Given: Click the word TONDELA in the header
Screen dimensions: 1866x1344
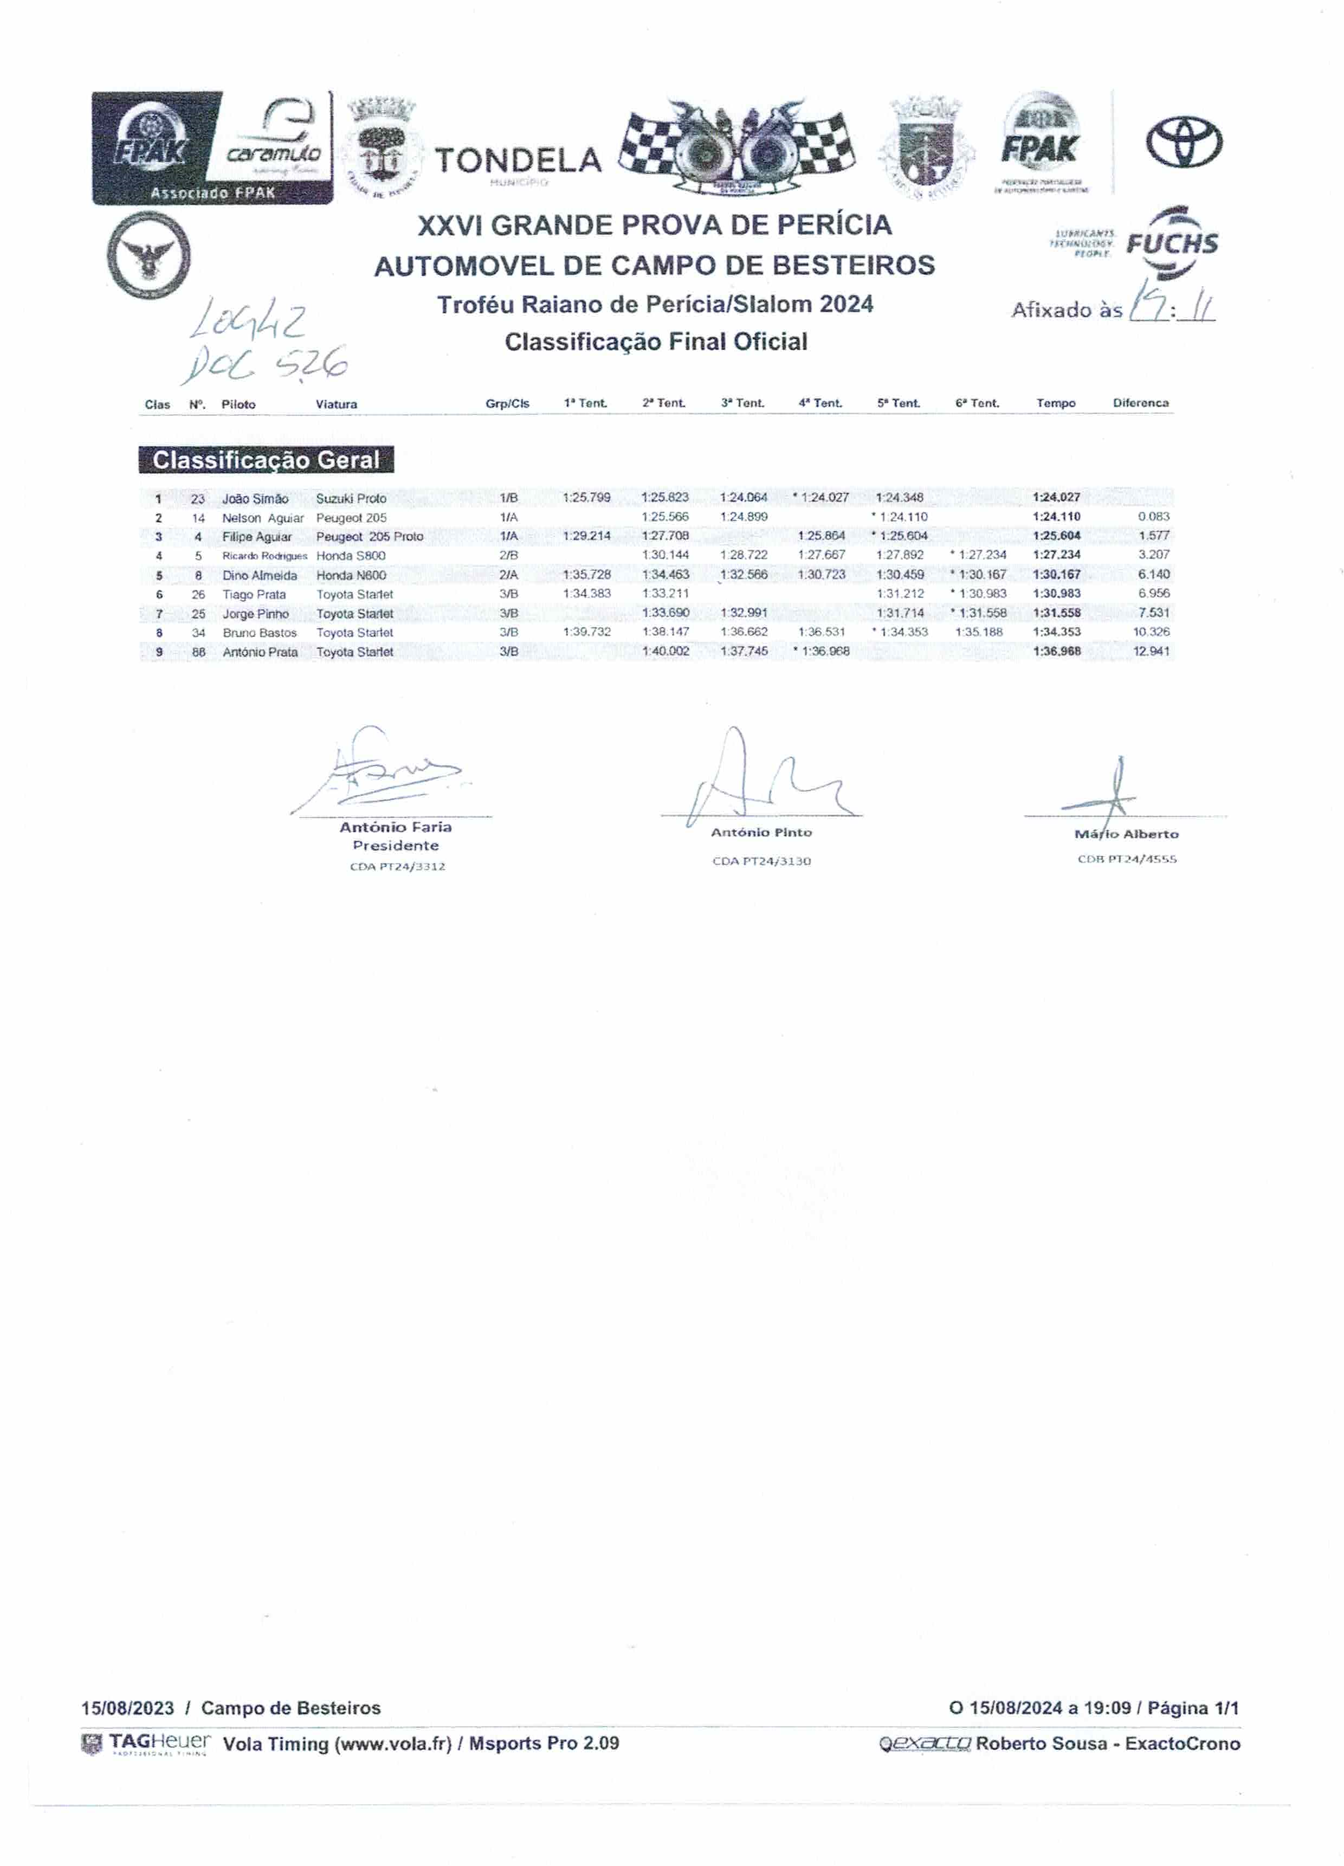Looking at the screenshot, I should click(x=518, y=160).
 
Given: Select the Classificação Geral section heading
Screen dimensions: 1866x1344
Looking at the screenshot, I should click(x=266, y=460).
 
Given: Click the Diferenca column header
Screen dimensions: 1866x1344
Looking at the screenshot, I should click(x=1140, y=403).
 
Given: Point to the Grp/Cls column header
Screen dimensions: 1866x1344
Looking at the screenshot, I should click(x=507, y=404).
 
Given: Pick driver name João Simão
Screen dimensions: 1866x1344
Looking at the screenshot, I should click(x=255, y=499).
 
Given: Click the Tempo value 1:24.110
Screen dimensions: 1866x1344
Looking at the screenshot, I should click(x=1056, y=517).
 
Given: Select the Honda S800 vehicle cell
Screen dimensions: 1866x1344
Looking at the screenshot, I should click(x=351, y=555).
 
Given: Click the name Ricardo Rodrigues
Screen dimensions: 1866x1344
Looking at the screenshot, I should click(x=264, y=556).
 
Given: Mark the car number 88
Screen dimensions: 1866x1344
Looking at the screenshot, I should click(x=198, y=652).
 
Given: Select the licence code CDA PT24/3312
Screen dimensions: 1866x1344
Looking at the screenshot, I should click(x=397, y=866).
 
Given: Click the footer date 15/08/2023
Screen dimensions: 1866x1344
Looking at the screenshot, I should click(x=127, y=1708).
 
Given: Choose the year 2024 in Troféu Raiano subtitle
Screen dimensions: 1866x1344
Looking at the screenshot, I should click(x=845, y=305).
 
